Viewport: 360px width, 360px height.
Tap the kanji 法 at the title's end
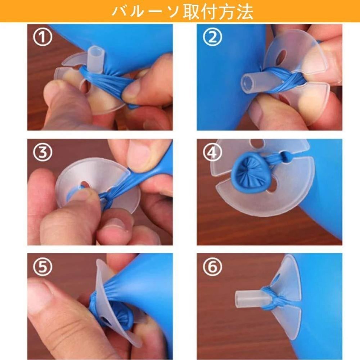click(244, 11)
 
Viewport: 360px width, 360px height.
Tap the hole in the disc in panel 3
click(85, 185)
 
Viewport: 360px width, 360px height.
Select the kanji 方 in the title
click(223, 11)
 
